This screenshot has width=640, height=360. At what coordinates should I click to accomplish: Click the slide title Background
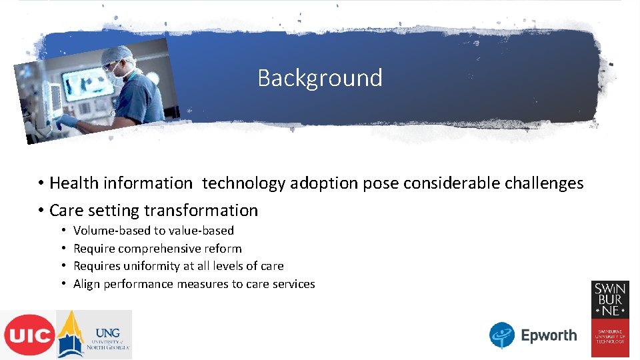320,78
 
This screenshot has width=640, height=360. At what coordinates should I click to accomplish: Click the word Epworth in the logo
549,335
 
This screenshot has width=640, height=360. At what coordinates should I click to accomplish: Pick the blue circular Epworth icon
502,335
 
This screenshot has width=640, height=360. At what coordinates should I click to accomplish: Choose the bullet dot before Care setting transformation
41,211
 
